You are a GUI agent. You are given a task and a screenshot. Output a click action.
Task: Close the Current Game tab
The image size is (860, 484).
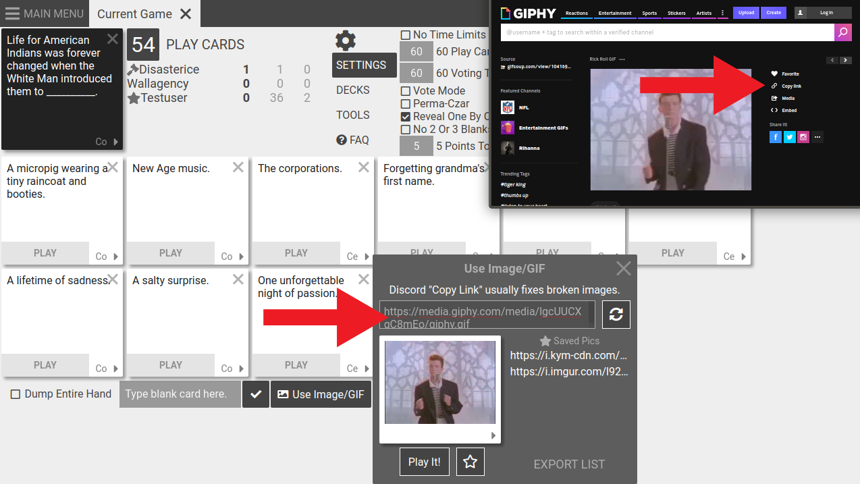pos(186,14)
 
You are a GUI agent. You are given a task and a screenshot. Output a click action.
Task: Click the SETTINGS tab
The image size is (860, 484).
pos(361,65)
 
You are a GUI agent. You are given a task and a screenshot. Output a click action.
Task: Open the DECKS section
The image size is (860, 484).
pos(353,90)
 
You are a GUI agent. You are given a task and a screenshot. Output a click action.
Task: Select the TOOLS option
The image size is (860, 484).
pos(353,115)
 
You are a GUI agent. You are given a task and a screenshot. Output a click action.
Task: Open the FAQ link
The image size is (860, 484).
pos(353,140)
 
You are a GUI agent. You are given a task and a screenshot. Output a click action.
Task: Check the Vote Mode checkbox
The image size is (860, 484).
pos(406,90)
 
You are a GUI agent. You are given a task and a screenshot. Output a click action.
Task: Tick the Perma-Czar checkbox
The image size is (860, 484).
pos(406,104)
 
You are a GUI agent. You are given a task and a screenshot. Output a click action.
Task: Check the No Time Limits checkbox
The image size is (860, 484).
pos(406,35)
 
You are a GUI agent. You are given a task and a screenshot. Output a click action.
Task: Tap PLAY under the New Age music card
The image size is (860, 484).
pos(171,253)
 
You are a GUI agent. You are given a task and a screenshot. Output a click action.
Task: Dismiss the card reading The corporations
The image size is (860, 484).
pos(364,167)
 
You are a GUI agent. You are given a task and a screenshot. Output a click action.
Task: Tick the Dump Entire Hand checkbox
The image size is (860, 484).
pos(16,394)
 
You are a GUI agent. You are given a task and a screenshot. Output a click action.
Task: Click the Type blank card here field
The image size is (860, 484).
pos(180,394)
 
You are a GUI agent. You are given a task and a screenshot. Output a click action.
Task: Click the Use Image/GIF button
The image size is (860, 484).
pos(321,394)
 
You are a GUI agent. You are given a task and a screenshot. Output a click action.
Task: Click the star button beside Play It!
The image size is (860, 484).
pos(471,462)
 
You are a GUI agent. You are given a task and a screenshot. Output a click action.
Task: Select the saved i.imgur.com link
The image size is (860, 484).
pos(569,371)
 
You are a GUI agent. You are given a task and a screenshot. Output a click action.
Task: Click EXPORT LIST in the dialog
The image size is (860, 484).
pos(569,464)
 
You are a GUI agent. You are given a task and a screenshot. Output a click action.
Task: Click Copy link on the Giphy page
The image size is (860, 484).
pos(791,86)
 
